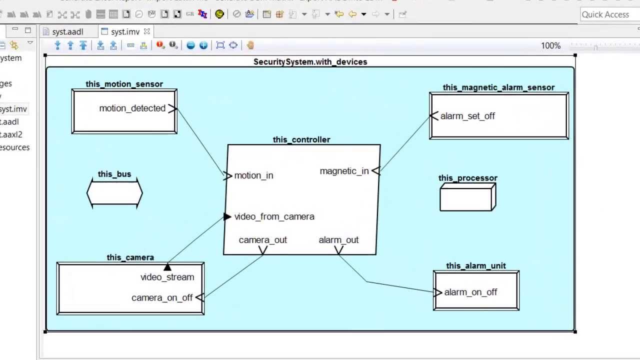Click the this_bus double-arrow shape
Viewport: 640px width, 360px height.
click(x=114, y=193)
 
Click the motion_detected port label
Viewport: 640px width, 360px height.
click(x=132, y=108)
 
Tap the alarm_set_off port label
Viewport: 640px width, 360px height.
click(x=467, y=116)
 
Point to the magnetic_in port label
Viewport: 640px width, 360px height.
click(x=344, y=171)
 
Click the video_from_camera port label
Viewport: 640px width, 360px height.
click(x=274, y=216)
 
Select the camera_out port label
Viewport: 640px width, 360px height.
click(x=262, y=240)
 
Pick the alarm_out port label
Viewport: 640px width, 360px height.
click(x=338, y=240)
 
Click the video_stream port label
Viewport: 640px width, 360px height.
click(x=167, y=277)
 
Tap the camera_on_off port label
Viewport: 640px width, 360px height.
click(x=161, y=297)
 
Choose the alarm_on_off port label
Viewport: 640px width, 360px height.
click(x=470, y=292)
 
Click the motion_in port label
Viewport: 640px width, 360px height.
click(x=253, y=175)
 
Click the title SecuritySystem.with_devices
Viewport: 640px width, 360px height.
click(x=310, y=62)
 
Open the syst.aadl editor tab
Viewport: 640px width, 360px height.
click(x=67, y=32)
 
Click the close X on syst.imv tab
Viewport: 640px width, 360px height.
click(x=147, y=31)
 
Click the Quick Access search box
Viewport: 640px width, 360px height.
click(x=609, y=14)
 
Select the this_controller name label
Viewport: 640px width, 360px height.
click(x=301, y=139)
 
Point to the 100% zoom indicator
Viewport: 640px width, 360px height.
click(x=550, y=45)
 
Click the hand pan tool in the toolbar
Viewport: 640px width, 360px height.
click(x=250, y=45)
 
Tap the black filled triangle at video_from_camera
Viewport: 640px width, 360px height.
click(x=227, y=216)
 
